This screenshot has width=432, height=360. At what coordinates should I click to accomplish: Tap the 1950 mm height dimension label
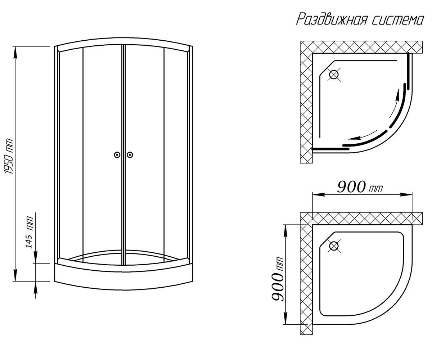coord(9,156)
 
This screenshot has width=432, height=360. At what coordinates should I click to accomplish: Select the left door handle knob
coord(117,154)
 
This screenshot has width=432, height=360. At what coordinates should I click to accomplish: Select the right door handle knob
coord(130,154)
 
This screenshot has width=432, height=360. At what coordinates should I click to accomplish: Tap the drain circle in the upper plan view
coord(334,75)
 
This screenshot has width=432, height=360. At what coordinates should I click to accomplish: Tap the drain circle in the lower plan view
coord(334,246)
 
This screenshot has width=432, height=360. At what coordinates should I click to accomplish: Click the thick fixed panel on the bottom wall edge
coord(330,149)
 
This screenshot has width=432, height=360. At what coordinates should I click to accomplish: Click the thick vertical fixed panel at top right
coord(408,71)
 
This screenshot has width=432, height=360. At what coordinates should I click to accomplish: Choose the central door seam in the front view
coord(123,154)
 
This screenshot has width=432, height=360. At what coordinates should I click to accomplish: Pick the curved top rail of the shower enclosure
coord(123,44)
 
